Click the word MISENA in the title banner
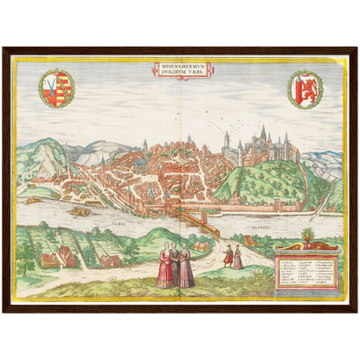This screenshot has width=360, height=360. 169,65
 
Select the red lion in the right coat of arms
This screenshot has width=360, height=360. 305,88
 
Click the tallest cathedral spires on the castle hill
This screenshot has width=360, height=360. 263,134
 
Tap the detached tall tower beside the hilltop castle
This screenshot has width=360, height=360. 226,142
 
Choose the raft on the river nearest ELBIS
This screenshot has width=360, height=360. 80,210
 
